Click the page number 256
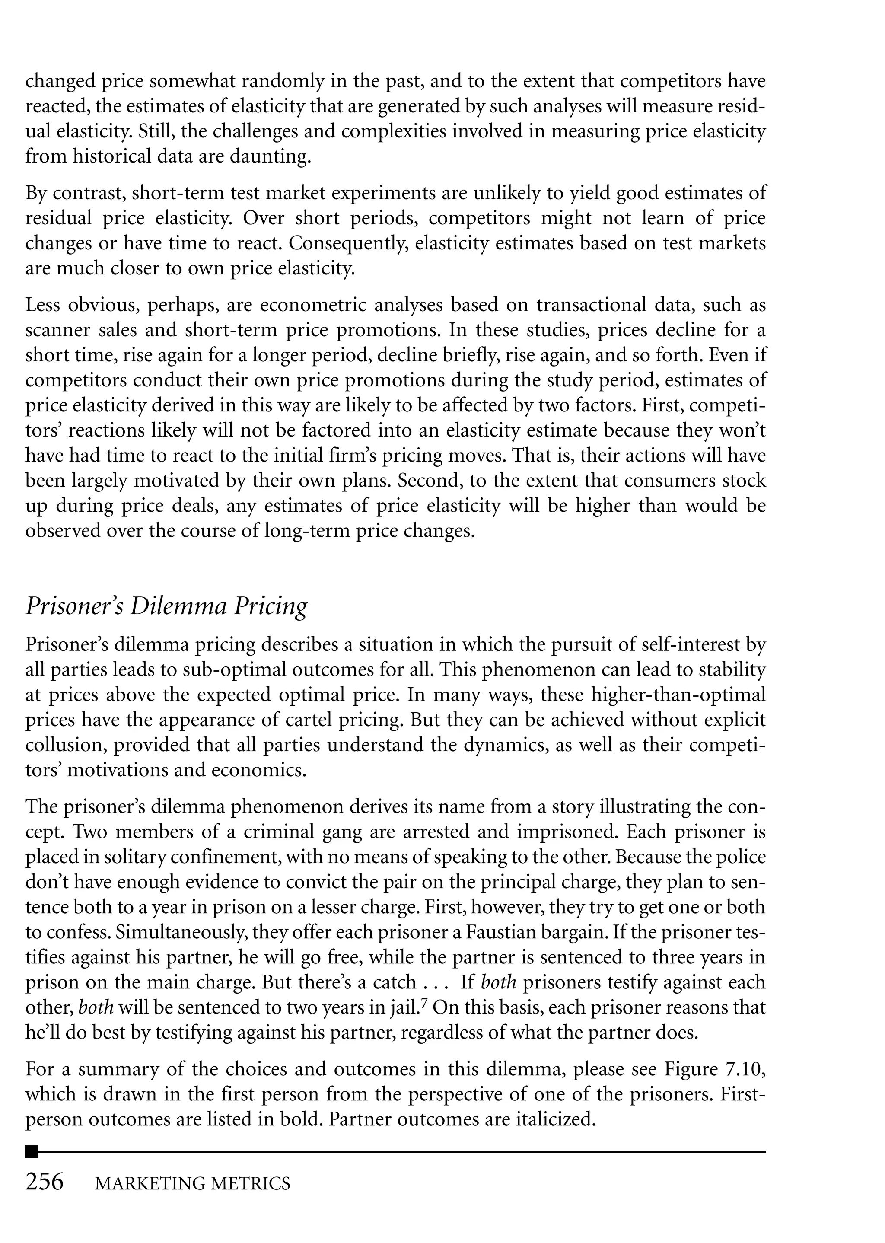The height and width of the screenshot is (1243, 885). (45, 1182)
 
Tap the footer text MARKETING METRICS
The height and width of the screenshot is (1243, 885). (192, 1183)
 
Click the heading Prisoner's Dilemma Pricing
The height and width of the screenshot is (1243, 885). (166, 606)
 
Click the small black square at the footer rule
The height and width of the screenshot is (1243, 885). (32, 1151)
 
